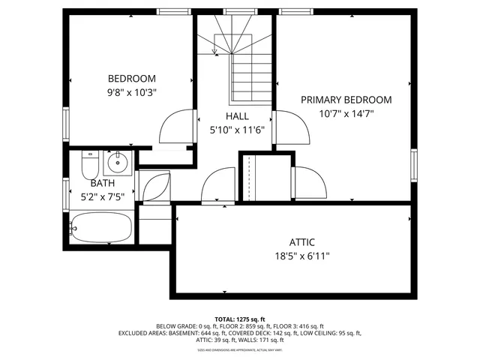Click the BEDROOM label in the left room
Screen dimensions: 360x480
point(132,79)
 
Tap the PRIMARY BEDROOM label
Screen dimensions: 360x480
point(346,100)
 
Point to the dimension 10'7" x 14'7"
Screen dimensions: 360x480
point(346,113)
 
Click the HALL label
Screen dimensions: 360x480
point(237,116)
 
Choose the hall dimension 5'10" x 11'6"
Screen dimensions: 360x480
point(237,130)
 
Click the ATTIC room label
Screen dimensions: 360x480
point(301,242)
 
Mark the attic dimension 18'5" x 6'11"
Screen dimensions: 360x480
point(301,256)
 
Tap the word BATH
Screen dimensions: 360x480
point(103,183)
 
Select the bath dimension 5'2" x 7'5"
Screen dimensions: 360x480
point(103,196)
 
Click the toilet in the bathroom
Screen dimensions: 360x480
point(89,163)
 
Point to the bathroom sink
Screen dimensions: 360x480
point(118,162)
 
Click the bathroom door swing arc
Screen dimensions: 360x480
point(154,187)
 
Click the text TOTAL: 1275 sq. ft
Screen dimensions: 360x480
point(239,318)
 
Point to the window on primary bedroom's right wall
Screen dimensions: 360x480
point(413,165)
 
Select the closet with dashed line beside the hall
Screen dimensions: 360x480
point(248,177)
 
